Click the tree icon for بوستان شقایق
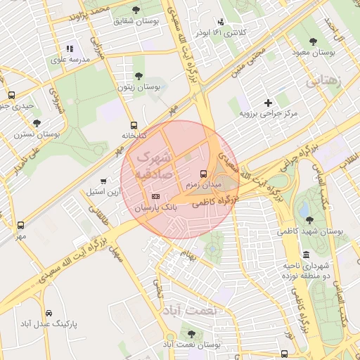[x=136, y=10]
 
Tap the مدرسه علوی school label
[x=70, y=60]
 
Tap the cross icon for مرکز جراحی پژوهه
[x=268, y=103]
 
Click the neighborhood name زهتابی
[x=323, y=82]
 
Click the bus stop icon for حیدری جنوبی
[x=11, y=95]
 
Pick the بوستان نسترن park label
[x=37, y=134]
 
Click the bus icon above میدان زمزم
[x=203, y=173]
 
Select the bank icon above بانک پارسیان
[x=155, y=196]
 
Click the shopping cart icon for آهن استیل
[x=104, y=181]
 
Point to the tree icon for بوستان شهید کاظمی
[x=310, y=220]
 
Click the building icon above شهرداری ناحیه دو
[x=306, y=255]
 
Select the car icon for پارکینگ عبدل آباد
[x=49, y=313]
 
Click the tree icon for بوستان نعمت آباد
[x=191, y=334]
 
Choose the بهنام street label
[x=188, y=252]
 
